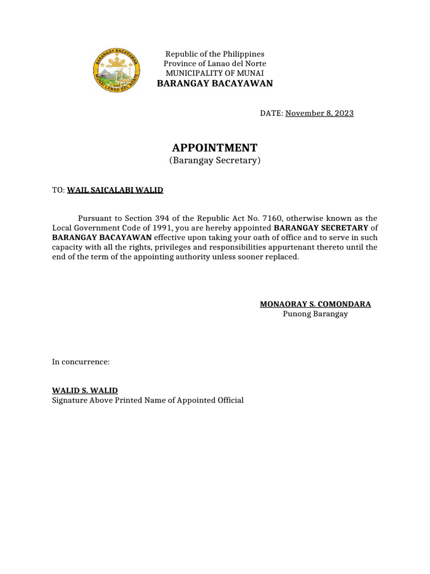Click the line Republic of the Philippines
tap(214, 54)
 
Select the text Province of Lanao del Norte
tap(214, 63)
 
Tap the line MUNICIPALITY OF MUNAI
tap(214, 73)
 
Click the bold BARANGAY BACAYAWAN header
tap(214, 84)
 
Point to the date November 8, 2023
tap(319, 113)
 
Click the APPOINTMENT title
tap(214, 148)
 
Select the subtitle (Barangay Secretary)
tap(214, 161)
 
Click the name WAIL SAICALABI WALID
tap(115, 191)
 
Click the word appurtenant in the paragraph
tap(305, 247)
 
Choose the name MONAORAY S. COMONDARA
tap(315, 304)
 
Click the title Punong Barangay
tap(315, 314)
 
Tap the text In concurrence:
tap(81, 362)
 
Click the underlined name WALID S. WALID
tap(85, 391)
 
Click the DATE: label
tap(272, 113)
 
